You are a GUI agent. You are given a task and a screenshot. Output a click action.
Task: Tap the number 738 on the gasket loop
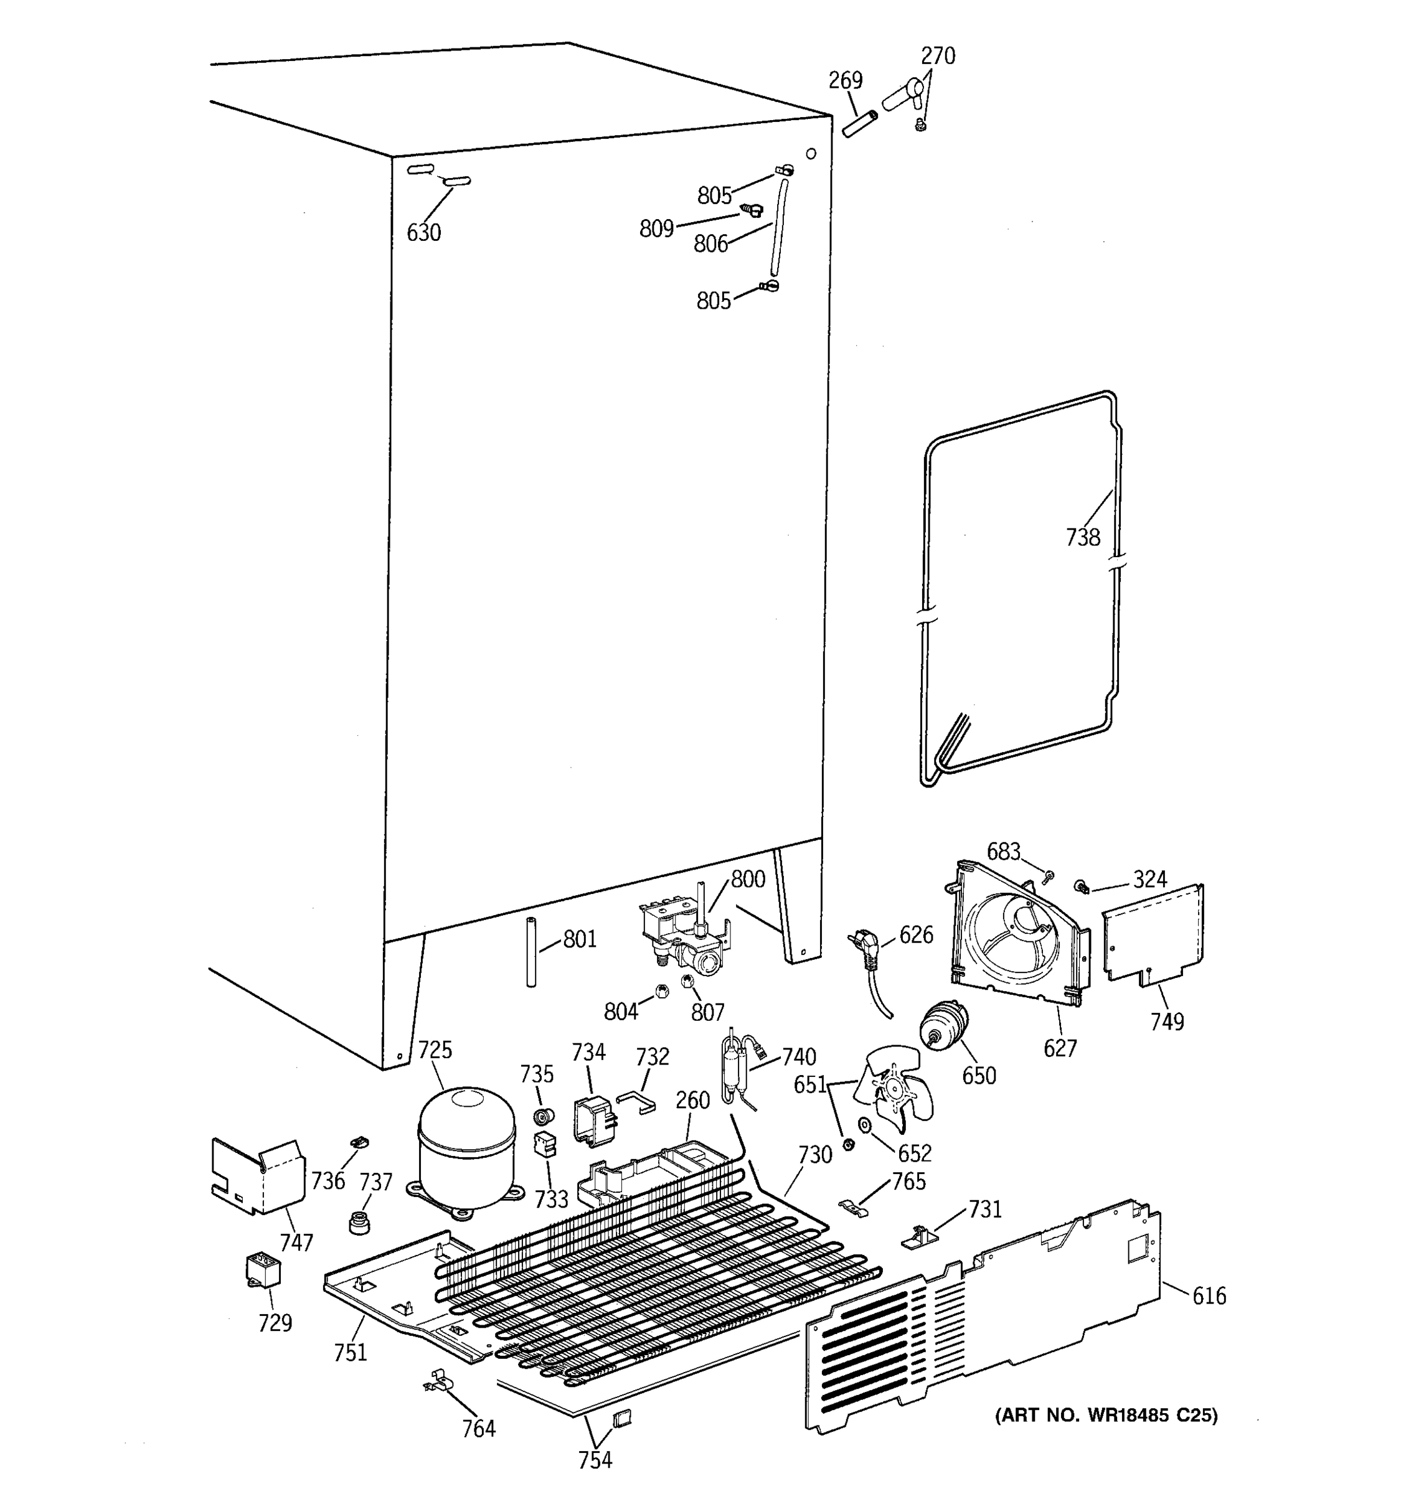pyautogui.click(x=1082, y=537)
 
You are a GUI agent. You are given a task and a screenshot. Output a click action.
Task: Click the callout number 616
pyautogui.click(x=1209, y=1295)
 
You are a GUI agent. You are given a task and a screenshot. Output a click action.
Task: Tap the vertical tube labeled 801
pyautogui.click(x=531, y=951)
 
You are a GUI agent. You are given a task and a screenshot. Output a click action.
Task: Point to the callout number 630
pyautogui.click(x=423, y=233)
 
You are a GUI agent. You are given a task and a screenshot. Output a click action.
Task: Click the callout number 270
pyautogui.click(x=937, y=55)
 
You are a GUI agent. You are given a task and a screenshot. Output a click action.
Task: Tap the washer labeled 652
pyautogui.click(x=864, y=1125)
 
